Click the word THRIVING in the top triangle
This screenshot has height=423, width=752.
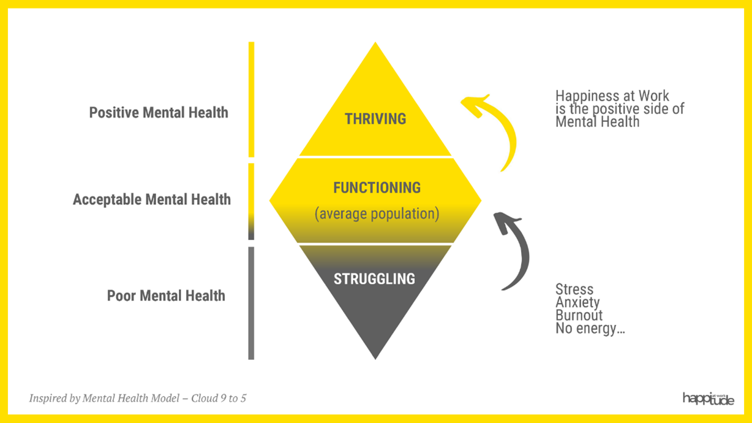click(375, 119)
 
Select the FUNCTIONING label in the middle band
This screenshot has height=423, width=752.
click(377, 188)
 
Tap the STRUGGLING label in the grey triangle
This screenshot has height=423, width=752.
click(374, 279)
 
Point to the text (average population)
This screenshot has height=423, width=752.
click(377, 215)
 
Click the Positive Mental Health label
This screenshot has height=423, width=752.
click(159, 113)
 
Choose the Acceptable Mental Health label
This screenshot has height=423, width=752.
click(151, 200)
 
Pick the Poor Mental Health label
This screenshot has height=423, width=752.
click(166, 295)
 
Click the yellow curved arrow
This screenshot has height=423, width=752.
click(499, 126)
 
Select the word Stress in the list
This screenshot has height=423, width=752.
click(574, 289)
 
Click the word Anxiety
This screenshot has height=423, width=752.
click(577, 302)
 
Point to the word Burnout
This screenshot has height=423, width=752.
click(579, 316)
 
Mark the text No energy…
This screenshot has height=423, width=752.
click(590, 329)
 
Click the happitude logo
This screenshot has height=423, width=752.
click(708, 399)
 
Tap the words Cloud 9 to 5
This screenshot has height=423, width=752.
click(219, 398)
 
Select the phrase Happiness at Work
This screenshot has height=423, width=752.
click(612, 96)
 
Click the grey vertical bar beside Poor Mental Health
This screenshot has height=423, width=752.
click(251, 303)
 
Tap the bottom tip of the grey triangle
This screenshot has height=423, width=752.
click(375, 356)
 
